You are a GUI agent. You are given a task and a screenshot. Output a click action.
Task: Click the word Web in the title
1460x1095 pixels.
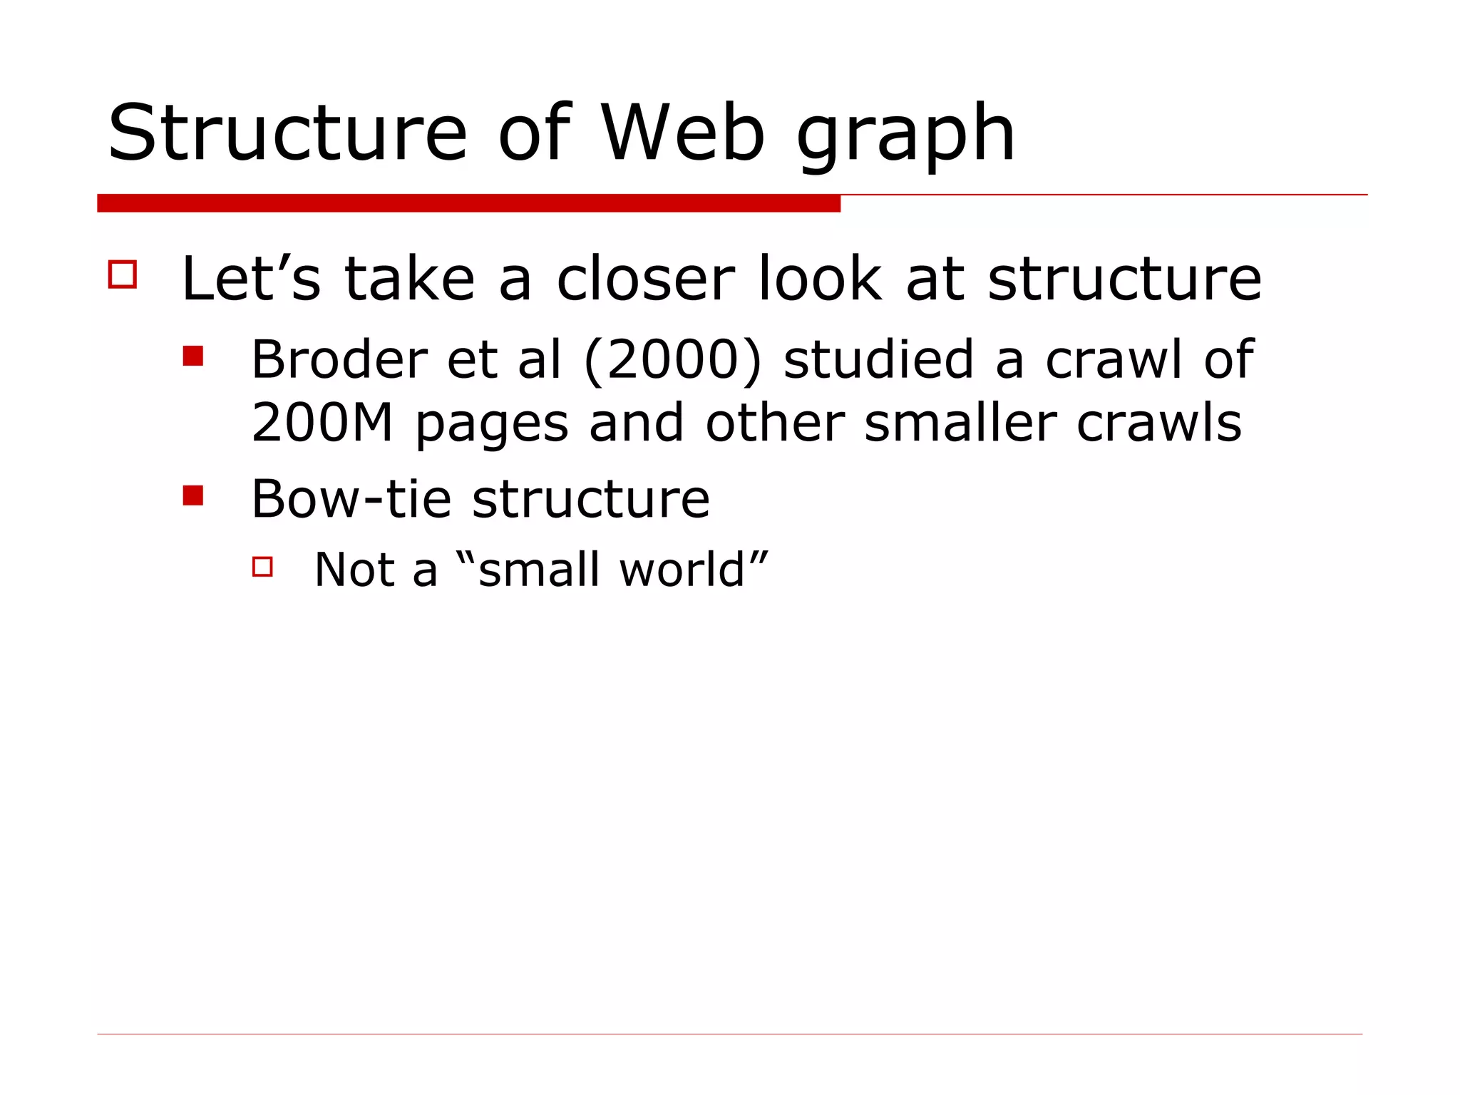point(683,133)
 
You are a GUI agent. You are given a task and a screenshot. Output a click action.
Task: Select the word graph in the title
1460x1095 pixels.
point(905,135)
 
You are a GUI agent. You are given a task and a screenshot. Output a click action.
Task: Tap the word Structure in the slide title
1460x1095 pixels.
point(287,133)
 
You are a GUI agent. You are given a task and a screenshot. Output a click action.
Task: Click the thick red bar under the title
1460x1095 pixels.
point(468,203)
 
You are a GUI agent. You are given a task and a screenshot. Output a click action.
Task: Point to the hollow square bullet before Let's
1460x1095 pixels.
point(123,274)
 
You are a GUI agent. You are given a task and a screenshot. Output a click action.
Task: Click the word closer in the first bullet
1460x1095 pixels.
point(645,279)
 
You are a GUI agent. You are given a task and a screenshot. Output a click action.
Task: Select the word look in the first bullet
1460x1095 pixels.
point(820,279)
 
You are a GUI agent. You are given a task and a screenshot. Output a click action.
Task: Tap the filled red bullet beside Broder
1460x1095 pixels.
point(192,356)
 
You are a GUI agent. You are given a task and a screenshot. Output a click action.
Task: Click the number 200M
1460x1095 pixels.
point(322,423)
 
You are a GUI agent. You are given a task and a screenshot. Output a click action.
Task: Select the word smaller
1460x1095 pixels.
point(960,423)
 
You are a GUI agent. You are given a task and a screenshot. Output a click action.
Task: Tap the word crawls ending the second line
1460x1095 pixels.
point(1159,423)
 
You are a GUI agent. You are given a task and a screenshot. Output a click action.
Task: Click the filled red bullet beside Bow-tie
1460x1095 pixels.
point(192,495)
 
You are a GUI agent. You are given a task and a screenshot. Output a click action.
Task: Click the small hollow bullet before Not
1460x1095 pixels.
point(262,567)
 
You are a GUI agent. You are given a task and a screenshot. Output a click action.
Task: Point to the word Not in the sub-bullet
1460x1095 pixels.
point(354,570)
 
